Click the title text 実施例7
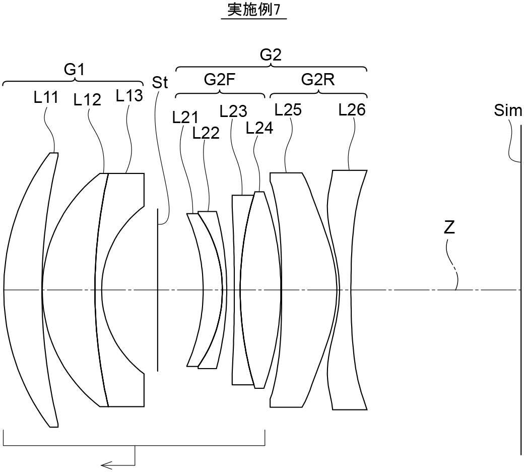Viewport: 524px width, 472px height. click(x=253, y=11)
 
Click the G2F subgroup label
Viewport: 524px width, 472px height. click(x=220, y=80)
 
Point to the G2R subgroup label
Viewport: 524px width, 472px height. click(x=318, y=80)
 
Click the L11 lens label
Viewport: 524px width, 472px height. click(x=46, y=97)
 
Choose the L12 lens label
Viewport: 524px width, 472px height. click(x=87, y=100)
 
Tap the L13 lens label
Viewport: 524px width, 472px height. click(x=129, y=95)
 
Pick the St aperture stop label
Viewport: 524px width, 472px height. click(x=160, y=83)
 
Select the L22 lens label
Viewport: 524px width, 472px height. click(x=206, y=133)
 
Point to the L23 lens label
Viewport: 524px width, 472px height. click(x=233, y=110)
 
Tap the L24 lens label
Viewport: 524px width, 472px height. click(x=259, y=128)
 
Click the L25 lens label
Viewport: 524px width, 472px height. click(x=288, y=109)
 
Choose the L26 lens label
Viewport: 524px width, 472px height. click(x=352, y=109)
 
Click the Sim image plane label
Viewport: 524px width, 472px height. click(x=508, y=110)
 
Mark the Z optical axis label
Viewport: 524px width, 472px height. click(x=449, y=227)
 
